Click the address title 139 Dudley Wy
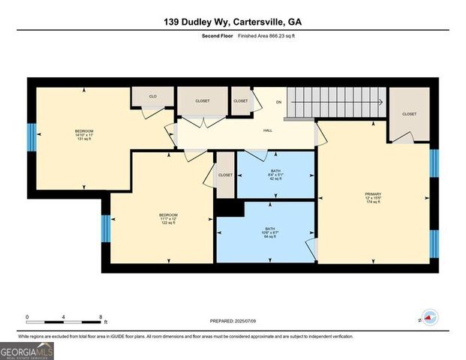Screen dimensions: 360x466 [233, 22]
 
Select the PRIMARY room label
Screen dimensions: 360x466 [373, 196]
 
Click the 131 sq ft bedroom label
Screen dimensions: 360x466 [83, 135]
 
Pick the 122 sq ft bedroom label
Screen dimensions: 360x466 [168, 218]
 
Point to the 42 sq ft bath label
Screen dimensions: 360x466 [275, 175]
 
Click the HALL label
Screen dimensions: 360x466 [267, 130]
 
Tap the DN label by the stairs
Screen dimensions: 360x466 [279, 101]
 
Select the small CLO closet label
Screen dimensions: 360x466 [152, 97]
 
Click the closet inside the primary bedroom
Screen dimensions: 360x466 [409, 115]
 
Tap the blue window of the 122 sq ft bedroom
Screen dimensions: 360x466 [106, 229]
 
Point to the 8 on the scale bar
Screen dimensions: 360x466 [101, 316]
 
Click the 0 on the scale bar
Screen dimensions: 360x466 [27, 316]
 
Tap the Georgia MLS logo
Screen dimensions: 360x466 [27, 351]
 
